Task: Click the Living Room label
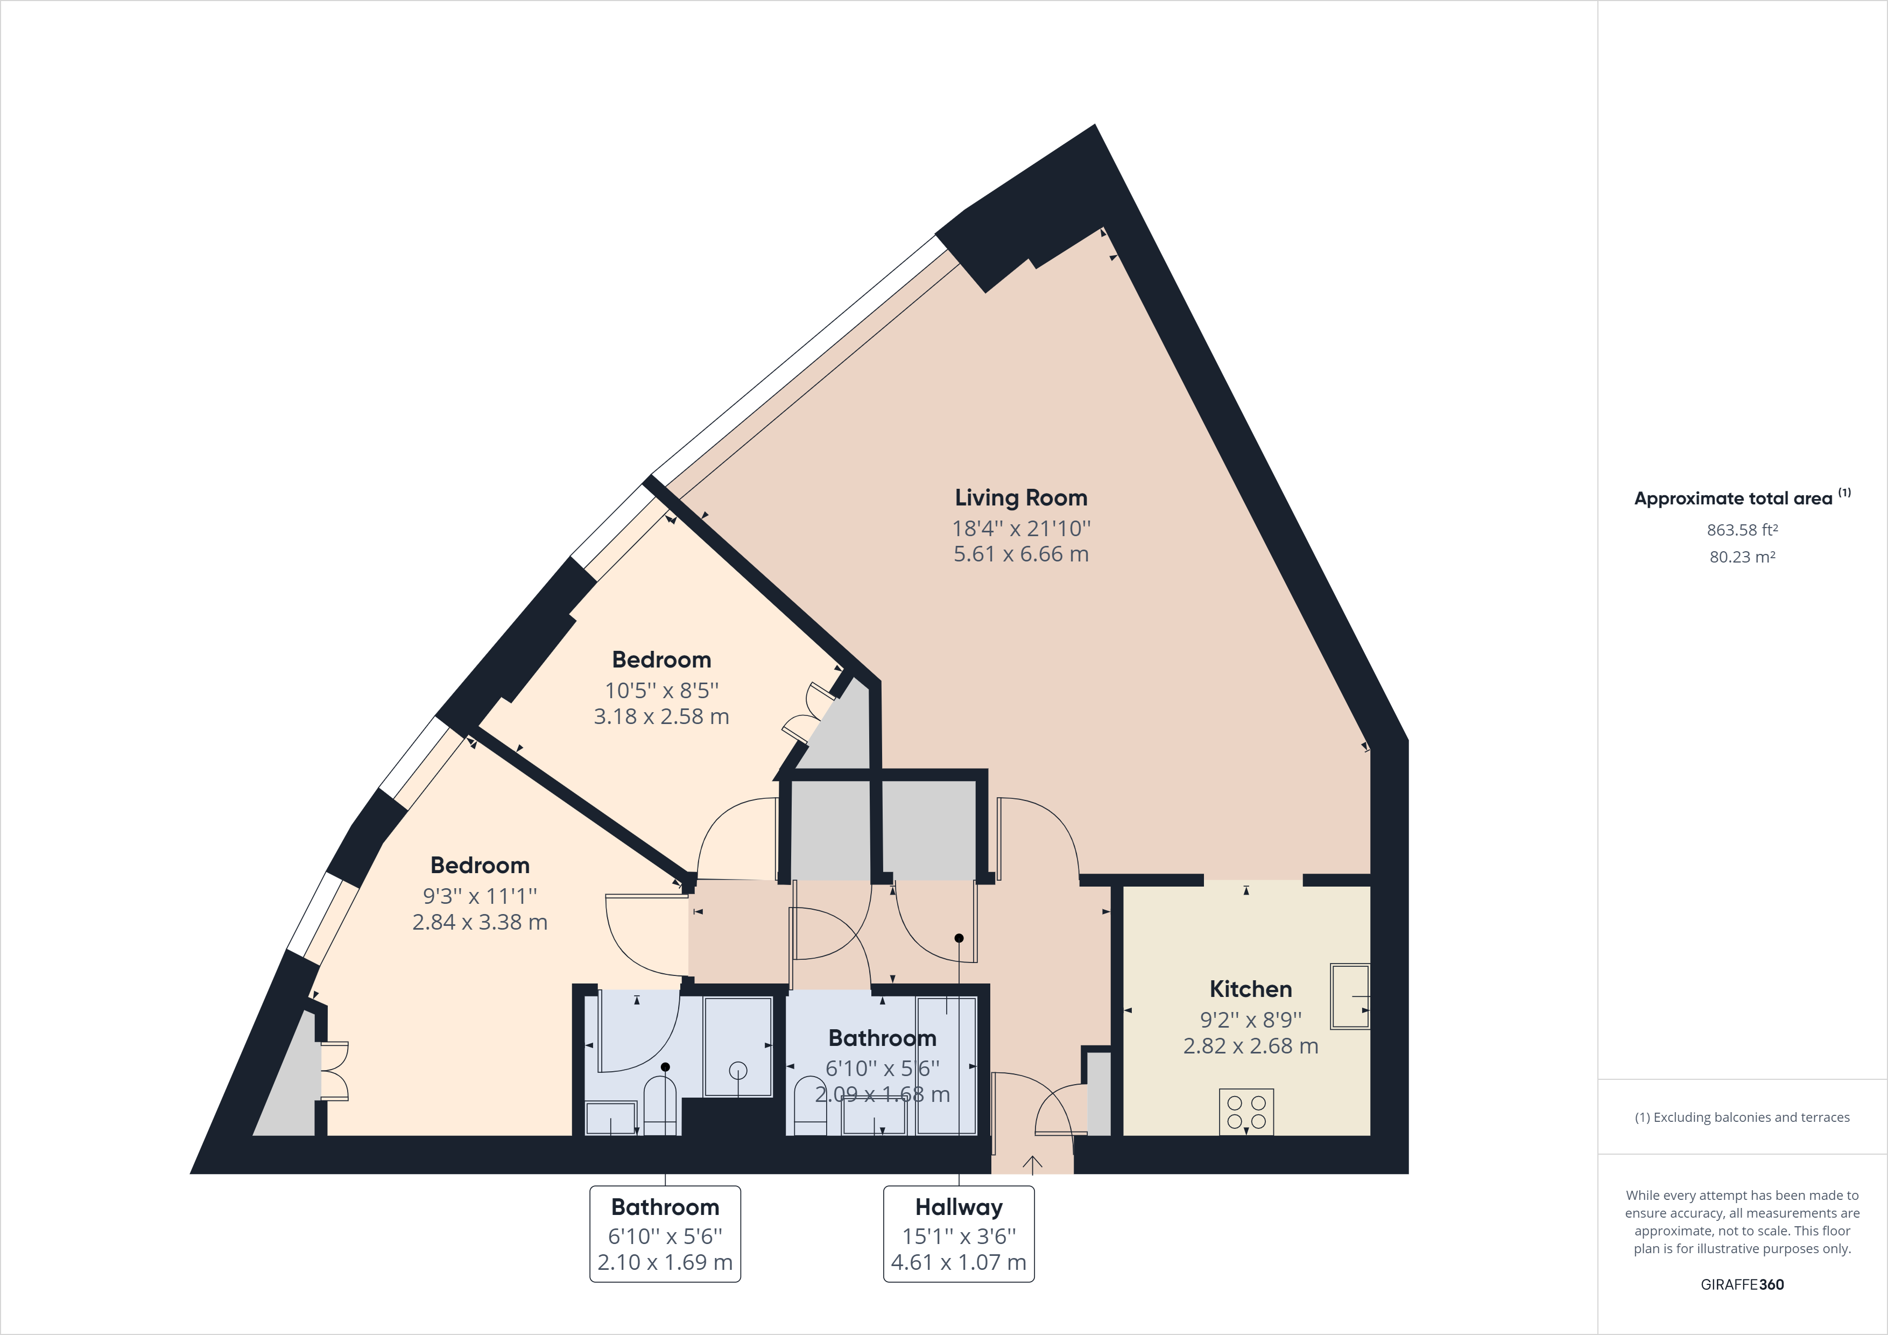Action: click(1020, 497)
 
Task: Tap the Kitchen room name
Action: click(1250, 989)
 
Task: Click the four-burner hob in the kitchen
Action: click(1246, 1112)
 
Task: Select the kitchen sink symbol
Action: click(1349, 996)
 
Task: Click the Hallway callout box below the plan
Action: click(959, 1234)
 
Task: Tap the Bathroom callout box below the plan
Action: click(665, 1234)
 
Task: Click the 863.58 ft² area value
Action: click(1742, 530)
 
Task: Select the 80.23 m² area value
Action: click(1742, 557)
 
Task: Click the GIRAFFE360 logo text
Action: click(1742, 1284)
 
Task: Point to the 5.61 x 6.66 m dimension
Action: click(1020, 554)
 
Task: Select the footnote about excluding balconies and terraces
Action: click(1742, 1117)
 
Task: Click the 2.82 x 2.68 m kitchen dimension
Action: click(1250, 1046)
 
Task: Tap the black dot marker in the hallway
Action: click(959, 938)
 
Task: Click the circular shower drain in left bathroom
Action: click(738, 1070)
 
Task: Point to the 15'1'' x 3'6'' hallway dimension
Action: click(959, 1236)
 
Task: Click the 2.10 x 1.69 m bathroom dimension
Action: click(665, 1263)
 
